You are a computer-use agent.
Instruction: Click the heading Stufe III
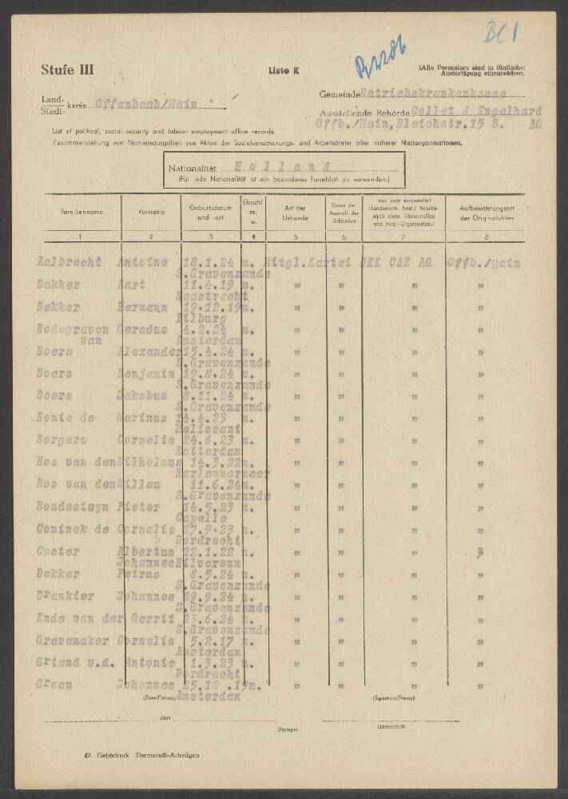67,70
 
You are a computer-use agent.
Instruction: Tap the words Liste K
284,71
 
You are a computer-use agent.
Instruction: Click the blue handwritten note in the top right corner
501,33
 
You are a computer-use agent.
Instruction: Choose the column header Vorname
151,212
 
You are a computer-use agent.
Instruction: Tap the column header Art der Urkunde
296,212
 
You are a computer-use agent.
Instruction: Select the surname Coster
58,551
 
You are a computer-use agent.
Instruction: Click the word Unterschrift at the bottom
391,727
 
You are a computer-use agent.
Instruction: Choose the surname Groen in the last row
54,685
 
